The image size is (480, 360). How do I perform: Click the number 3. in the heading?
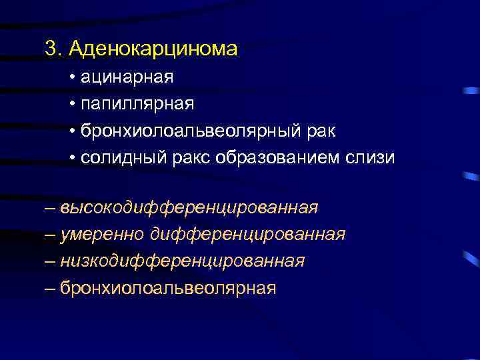(x=53, y=49)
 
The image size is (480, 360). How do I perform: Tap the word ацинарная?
(x=127, y=77)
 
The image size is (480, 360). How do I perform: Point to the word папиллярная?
(x=137, y=104)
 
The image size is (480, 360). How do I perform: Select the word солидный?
(x=113, y=157)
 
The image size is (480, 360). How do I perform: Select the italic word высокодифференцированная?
(x=189, y=208)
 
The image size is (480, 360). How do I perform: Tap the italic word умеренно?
(x=103, y=235)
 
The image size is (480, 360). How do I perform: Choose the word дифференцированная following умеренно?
(x=248, y=235)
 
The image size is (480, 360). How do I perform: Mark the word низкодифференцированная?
(x=182, y=261)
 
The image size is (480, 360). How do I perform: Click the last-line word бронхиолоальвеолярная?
(x=167, y=288)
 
